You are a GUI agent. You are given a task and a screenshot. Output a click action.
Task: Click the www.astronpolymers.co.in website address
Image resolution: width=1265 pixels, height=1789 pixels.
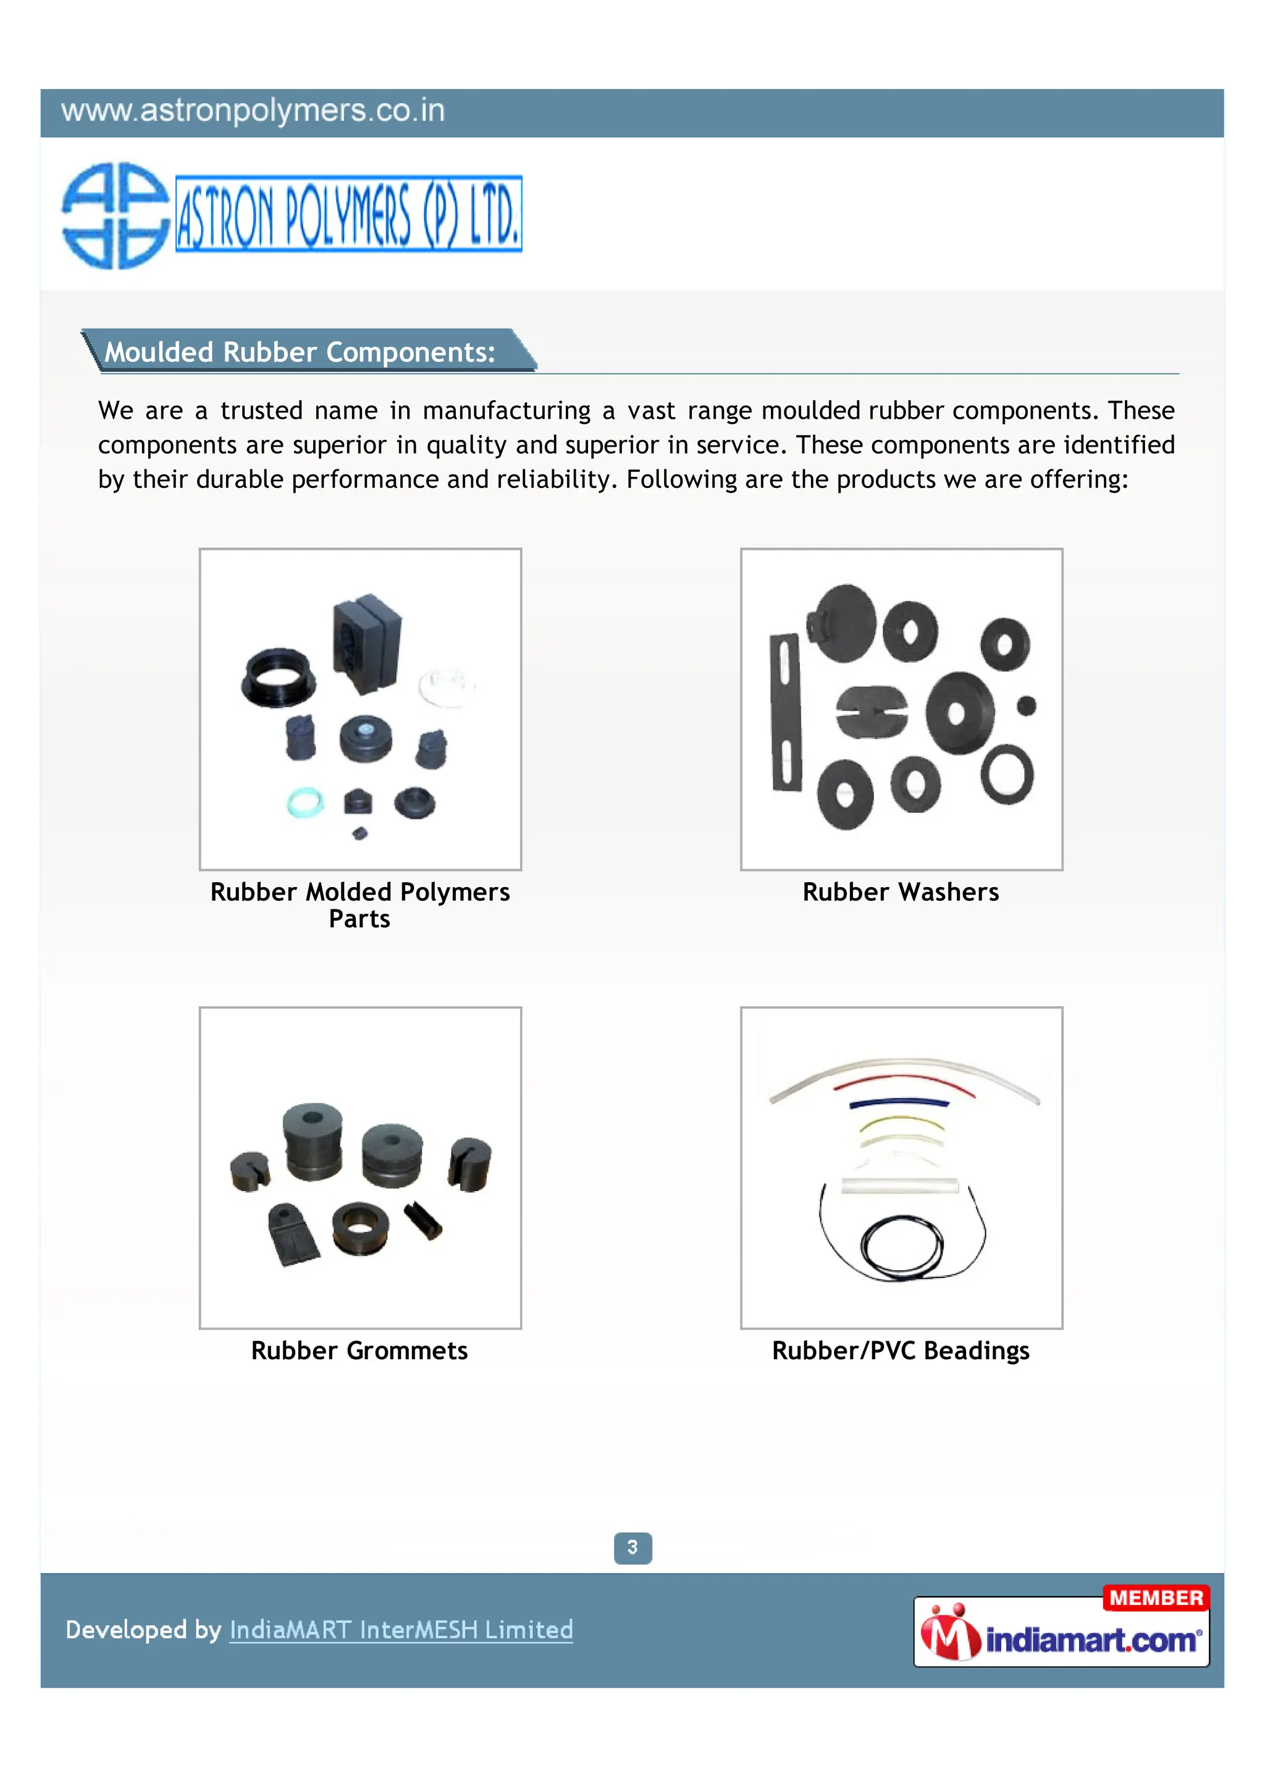(x=253, y=111)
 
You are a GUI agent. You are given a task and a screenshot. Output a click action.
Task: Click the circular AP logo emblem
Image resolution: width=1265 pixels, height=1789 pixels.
(x=116, y=216)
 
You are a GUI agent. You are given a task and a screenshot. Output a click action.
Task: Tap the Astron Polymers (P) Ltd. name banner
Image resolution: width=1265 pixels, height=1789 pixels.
(x=348, y=214)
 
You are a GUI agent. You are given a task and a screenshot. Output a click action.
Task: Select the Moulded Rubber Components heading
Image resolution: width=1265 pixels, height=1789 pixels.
(x=300, y=352)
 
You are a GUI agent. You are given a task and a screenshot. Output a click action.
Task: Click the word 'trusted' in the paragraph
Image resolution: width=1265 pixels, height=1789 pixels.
(x=261, y=411)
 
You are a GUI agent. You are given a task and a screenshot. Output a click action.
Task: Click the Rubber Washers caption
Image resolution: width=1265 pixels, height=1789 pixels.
(x=901, y=891)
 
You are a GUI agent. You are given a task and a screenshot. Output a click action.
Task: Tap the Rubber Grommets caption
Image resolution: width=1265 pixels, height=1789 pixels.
(x=359, y=1350)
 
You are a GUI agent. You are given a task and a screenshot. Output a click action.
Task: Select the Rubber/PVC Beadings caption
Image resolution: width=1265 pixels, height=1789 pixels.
(x=901, y=1350)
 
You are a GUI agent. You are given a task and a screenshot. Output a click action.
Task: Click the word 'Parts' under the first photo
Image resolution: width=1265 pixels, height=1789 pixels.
(x=359, y=919)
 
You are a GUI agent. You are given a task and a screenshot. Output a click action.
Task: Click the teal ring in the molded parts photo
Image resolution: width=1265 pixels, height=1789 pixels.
(x=305, y=802)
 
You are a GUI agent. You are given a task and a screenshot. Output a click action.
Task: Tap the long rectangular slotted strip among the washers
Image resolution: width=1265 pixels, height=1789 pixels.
(x=785, y=712)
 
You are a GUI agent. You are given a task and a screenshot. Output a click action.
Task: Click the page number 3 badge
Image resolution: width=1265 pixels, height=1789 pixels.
(x=632, y=1547)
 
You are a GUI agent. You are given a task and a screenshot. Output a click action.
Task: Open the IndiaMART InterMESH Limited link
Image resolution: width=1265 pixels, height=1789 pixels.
(x=401, y=1630)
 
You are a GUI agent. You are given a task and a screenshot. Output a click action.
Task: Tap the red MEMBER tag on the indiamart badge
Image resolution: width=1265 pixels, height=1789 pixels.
(x=1156, y=1597)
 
